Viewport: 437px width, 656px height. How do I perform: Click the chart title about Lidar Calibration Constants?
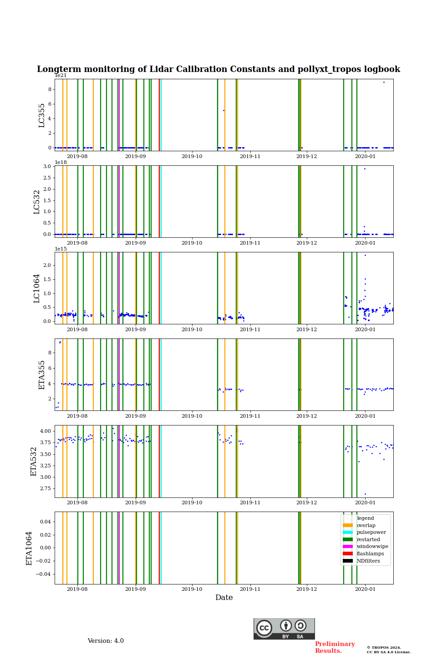[218, 69]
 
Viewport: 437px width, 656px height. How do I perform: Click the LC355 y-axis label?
[42, 115]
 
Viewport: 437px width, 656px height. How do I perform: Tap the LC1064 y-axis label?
[37, 288]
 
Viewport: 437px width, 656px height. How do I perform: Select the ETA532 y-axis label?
[34, 461]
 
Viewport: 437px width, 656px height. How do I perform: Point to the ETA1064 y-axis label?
[29, 548]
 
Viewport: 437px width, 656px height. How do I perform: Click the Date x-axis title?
[224, 598]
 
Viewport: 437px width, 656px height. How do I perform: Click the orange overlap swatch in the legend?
[348, 525]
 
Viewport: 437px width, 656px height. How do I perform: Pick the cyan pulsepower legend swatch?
[348, 533]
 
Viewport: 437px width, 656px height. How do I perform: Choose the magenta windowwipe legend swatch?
[348, 547]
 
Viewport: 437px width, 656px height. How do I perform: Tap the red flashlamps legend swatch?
[348, 554]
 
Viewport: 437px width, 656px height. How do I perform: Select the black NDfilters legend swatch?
[348, 561]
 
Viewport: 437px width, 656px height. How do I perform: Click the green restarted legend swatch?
[348, 539]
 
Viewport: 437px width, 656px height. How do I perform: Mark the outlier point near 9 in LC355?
[384, 82]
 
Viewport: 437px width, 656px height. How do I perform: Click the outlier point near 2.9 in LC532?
[365, 169]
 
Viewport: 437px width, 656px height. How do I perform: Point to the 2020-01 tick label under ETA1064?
[365, 589]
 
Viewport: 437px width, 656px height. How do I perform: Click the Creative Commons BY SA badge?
[284, 629]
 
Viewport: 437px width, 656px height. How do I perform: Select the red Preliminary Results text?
[335, 647]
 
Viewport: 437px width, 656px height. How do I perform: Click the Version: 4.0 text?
[106, 641]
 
